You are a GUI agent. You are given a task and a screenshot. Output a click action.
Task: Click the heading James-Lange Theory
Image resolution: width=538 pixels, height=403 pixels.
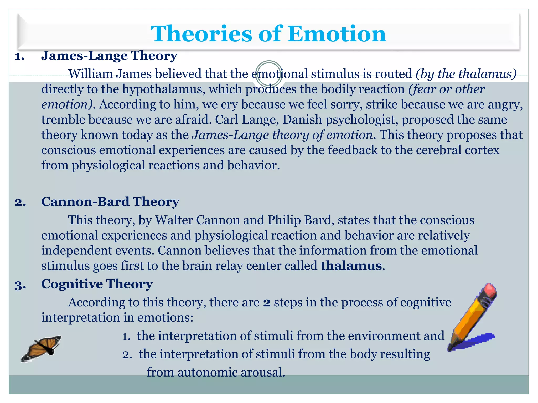[109, 56]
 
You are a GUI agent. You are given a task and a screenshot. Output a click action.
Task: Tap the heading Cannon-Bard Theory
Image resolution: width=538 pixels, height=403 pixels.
[110, 202]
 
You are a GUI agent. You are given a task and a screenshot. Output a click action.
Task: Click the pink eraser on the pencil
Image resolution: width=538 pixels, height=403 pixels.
[489, 290]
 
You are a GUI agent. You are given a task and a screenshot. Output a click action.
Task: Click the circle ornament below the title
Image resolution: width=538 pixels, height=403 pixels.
[269, 74]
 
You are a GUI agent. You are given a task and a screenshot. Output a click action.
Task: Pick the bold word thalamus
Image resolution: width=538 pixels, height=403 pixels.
[351, 266]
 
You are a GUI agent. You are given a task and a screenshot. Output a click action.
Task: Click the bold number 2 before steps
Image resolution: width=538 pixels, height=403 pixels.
[267, 303]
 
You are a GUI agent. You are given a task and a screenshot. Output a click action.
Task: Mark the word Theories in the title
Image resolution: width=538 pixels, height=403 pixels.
[201, 34]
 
